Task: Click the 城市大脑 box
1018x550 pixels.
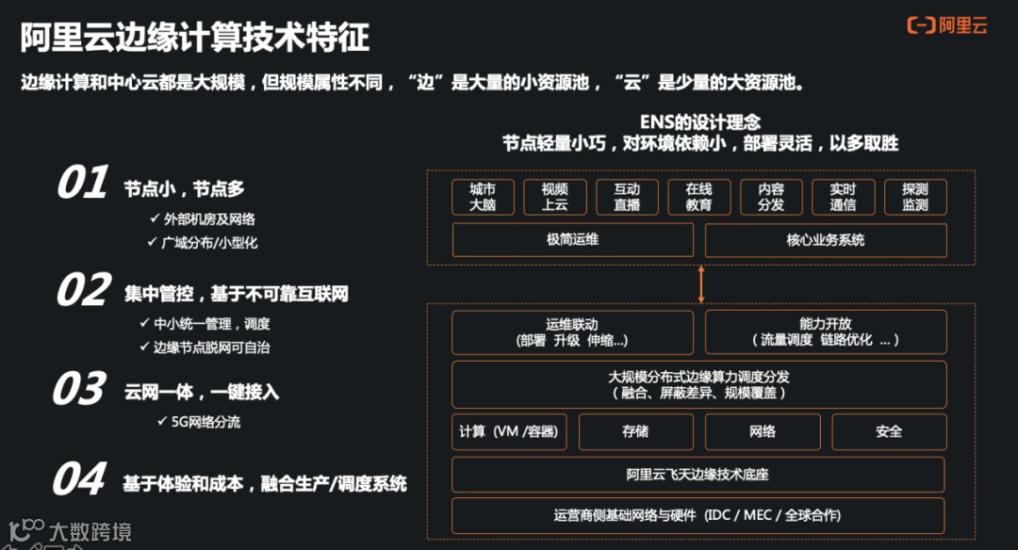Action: tap(483, 197)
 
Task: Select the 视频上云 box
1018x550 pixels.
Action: tap(554, 197)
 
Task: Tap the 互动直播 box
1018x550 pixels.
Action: tap(627, 197)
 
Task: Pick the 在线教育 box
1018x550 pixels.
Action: tap(698, 197)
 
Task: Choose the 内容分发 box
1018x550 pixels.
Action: tap(771, 197)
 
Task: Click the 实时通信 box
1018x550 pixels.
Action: tap(843, 197)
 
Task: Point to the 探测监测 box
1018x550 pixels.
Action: tap(915, 197)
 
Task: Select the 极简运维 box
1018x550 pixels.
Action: tap(573, 240)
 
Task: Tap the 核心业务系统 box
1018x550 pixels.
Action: tap(826, 240)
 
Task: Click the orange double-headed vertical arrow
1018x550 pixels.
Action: tap(700, 283)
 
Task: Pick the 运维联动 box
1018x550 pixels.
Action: tap(573, 332)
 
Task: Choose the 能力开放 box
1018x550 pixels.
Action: tap(826, 332)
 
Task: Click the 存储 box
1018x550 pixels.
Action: tap(635, 431)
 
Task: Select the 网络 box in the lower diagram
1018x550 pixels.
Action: tap(763, 431)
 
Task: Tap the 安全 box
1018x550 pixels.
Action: tap(889, 431)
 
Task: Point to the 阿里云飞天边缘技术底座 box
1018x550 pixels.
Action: tap(699, 475)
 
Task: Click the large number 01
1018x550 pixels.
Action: tap(83, 184)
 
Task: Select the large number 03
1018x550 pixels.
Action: tap(79, 389)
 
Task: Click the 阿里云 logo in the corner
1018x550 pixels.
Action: tap(946, 25)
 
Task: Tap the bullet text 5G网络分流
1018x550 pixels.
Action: tap(205, 422)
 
